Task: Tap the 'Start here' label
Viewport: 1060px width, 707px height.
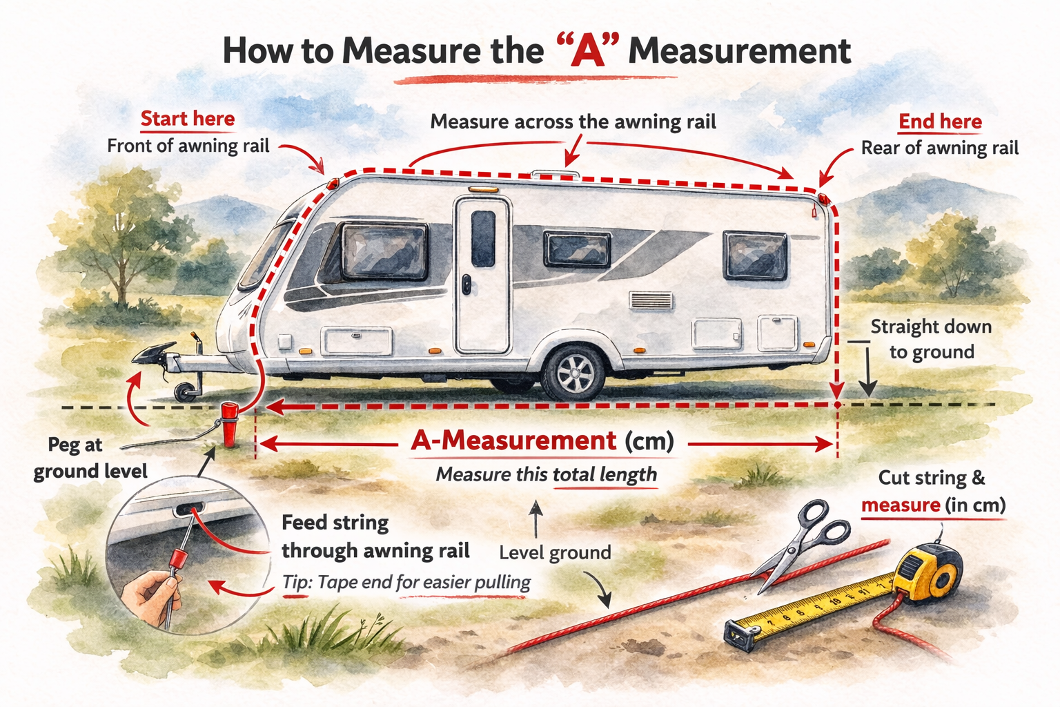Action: point(188,119)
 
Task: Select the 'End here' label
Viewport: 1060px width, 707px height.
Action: point(940,122)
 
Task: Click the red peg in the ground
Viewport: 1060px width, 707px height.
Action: point(228,424)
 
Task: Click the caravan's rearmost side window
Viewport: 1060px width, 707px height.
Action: point(755,255)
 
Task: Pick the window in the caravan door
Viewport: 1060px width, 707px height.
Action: point(483,238)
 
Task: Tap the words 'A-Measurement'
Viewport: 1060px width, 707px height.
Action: point(513,440)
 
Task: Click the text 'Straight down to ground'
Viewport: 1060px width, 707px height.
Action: point(931,339)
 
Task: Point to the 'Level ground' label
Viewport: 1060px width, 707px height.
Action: point(555,552)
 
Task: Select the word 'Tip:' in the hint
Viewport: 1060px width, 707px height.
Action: point(297,582)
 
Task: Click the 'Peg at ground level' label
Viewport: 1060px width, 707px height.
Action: point(90,458)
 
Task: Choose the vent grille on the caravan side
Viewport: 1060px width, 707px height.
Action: point(651,300)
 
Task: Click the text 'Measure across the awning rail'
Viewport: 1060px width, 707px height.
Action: point(573,122)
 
